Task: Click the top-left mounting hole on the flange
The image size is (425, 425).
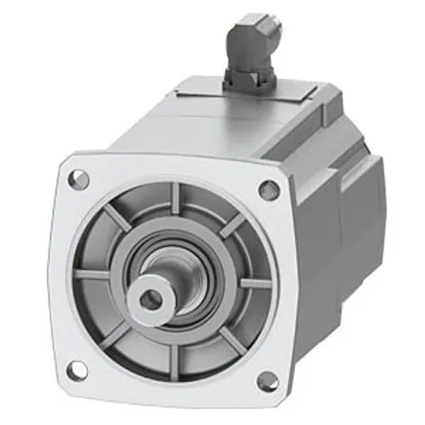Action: pyautogui.click(x=79, y=178)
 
